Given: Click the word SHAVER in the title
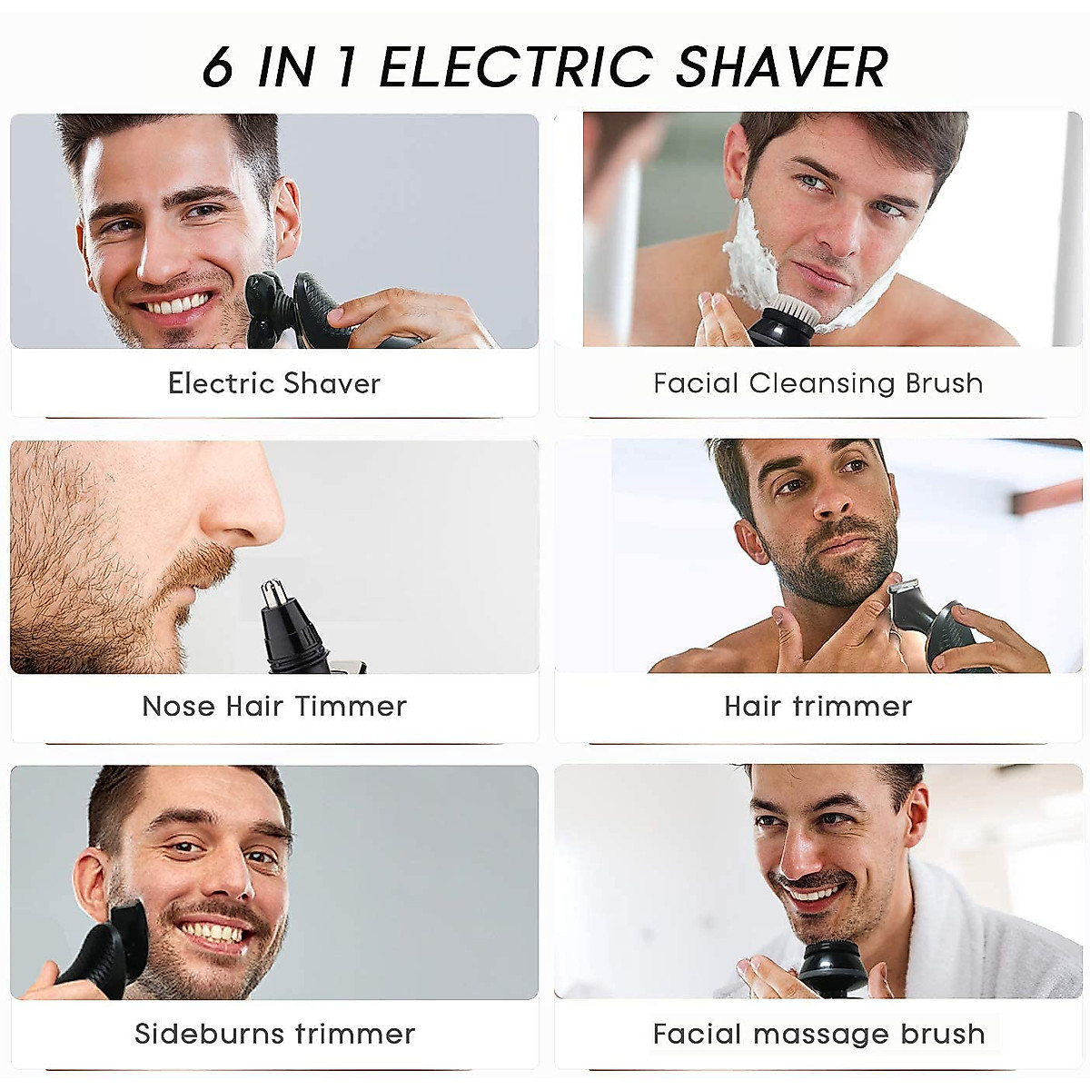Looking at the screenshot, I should (x=781, y=68).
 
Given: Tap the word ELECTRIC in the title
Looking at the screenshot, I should (x=514, y=68).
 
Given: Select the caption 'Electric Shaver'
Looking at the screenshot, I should (x=274, y=383).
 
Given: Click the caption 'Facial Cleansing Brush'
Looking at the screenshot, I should (x=817, y=383).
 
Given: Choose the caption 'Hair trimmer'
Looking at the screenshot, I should (x=817, y=706).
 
